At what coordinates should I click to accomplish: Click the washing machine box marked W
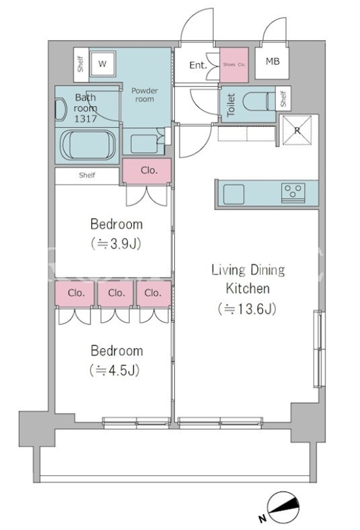(103, 64)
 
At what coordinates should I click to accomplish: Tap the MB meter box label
(273, 61)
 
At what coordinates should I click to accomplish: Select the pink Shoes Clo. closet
(234, 65)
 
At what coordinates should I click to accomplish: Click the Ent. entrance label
(198, 65)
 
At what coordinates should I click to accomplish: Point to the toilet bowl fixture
(257, 101)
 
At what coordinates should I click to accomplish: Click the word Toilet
(231, 105)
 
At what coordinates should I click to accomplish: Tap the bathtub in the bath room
(88, 145)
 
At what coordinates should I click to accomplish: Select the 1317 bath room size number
(85, 119)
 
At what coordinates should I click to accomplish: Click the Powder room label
(145, 95)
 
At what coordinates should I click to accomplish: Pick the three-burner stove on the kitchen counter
(293, 193)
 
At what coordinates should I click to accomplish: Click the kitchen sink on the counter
(233, 194)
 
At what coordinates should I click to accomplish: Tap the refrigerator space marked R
(297, 130)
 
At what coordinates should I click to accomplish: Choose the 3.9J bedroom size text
(116, 243)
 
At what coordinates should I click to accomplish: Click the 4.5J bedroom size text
(115, 370)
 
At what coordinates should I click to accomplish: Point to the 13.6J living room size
(247, 308)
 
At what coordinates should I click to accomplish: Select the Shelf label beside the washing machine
(80, 64)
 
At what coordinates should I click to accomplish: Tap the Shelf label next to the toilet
(283, 98)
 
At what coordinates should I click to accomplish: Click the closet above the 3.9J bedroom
(147, 171)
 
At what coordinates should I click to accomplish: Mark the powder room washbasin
(144, 143)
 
